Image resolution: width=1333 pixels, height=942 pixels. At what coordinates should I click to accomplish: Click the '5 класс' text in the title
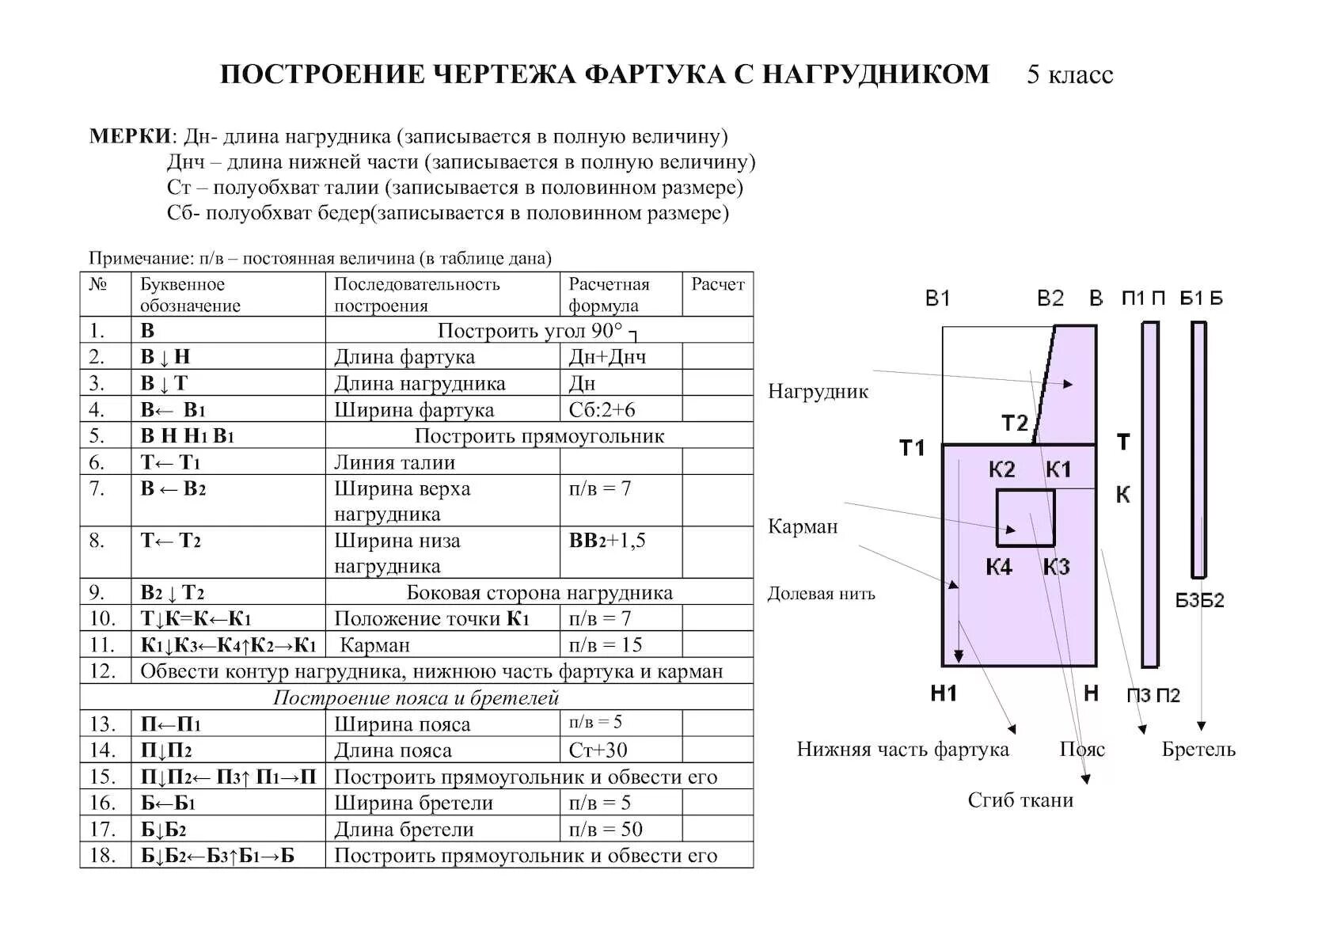[x=1069, y=74]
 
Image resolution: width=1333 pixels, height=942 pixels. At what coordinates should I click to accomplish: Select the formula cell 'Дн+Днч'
[x=607, y=357]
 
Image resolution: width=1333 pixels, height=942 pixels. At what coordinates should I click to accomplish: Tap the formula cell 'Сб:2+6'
[x=602, y=409]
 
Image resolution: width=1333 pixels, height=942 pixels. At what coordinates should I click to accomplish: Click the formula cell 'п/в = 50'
[x=606, y=829]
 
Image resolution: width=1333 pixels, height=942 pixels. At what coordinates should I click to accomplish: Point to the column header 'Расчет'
[x=717, y=285]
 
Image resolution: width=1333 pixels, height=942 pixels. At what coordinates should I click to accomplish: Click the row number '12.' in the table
[x=103, y=671]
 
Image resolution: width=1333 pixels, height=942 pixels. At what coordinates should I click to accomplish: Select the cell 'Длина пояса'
[x=404, y=750]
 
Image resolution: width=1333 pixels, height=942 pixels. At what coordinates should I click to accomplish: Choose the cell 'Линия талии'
[x=394, y=462]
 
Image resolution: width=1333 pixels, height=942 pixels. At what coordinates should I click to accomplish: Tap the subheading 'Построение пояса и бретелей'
[x=416, y=697]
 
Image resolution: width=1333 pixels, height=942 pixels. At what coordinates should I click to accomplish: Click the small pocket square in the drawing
[x=1025, y=518]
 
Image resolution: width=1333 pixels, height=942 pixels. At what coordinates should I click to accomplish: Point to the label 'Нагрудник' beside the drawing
[x=818, y=391]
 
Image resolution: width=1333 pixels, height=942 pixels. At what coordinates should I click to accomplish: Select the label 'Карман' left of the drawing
[x=803, y=526]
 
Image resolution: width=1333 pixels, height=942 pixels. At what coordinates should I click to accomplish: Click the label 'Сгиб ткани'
[x=1020, y=800]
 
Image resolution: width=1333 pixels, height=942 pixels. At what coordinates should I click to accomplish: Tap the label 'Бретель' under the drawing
[x=1198, y=749]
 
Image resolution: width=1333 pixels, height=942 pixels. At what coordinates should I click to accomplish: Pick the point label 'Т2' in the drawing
[x=1014, y=423]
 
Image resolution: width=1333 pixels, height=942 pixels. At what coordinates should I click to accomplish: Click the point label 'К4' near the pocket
[x=999, y=567]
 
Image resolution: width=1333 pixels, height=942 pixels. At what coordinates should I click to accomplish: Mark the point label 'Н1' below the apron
[x=944, y=693]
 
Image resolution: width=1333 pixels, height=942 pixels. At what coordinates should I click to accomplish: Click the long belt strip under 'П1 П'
[x=1149, y=495]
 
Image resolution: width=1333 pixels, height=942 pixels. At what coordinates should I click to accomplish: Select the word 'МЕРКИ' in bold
[x=130, y=136]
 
